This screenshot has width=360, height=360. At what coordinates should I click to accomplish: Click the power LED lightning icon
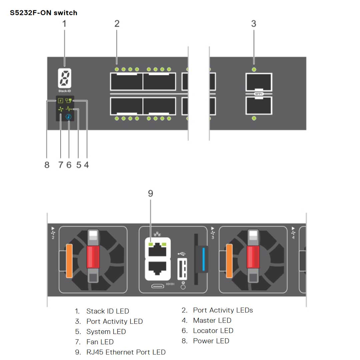[x=61, y=100]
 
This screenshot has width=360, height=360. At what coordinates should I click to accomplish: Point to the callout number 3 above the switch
[x=254, y=24]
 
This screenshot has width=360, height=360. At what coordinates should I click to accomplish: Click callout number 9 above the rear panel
[x=150, y=193]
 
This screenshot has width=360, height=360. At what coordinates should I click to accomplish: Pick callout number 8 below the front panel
[x=47, y=165]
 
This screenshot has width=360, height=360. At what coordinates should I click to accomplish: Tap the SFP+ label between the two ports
[x=259, y=94]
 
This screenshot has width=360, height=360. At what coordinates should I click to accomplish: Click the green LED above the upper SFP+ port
[x=254, y=69]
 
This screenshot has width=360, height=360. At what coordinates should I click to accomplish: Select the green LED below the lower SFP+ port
[x=254, y=118]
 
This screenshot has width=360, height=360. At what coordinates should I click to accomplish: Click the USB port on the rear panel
[x=182, y=268]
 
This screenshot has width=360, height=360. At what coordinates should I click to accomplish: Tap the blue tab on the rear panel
[x=204, y=258]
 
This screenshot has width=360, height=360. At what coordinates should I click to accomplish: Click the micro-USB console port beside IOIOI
[x=157, y=286]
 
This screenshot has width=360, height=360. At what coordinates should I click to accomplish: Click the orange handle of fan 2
[x=69, y=261]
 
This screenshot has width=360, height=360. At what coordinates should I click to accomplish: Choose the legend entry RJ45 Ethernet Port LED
[x=126, y=352]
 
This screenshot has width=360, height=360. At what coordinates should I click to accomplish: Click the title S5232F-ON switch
[x=44, y=13]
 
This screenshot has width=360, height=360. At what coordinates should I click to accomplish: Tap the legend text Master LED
[x=212, y=320]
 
